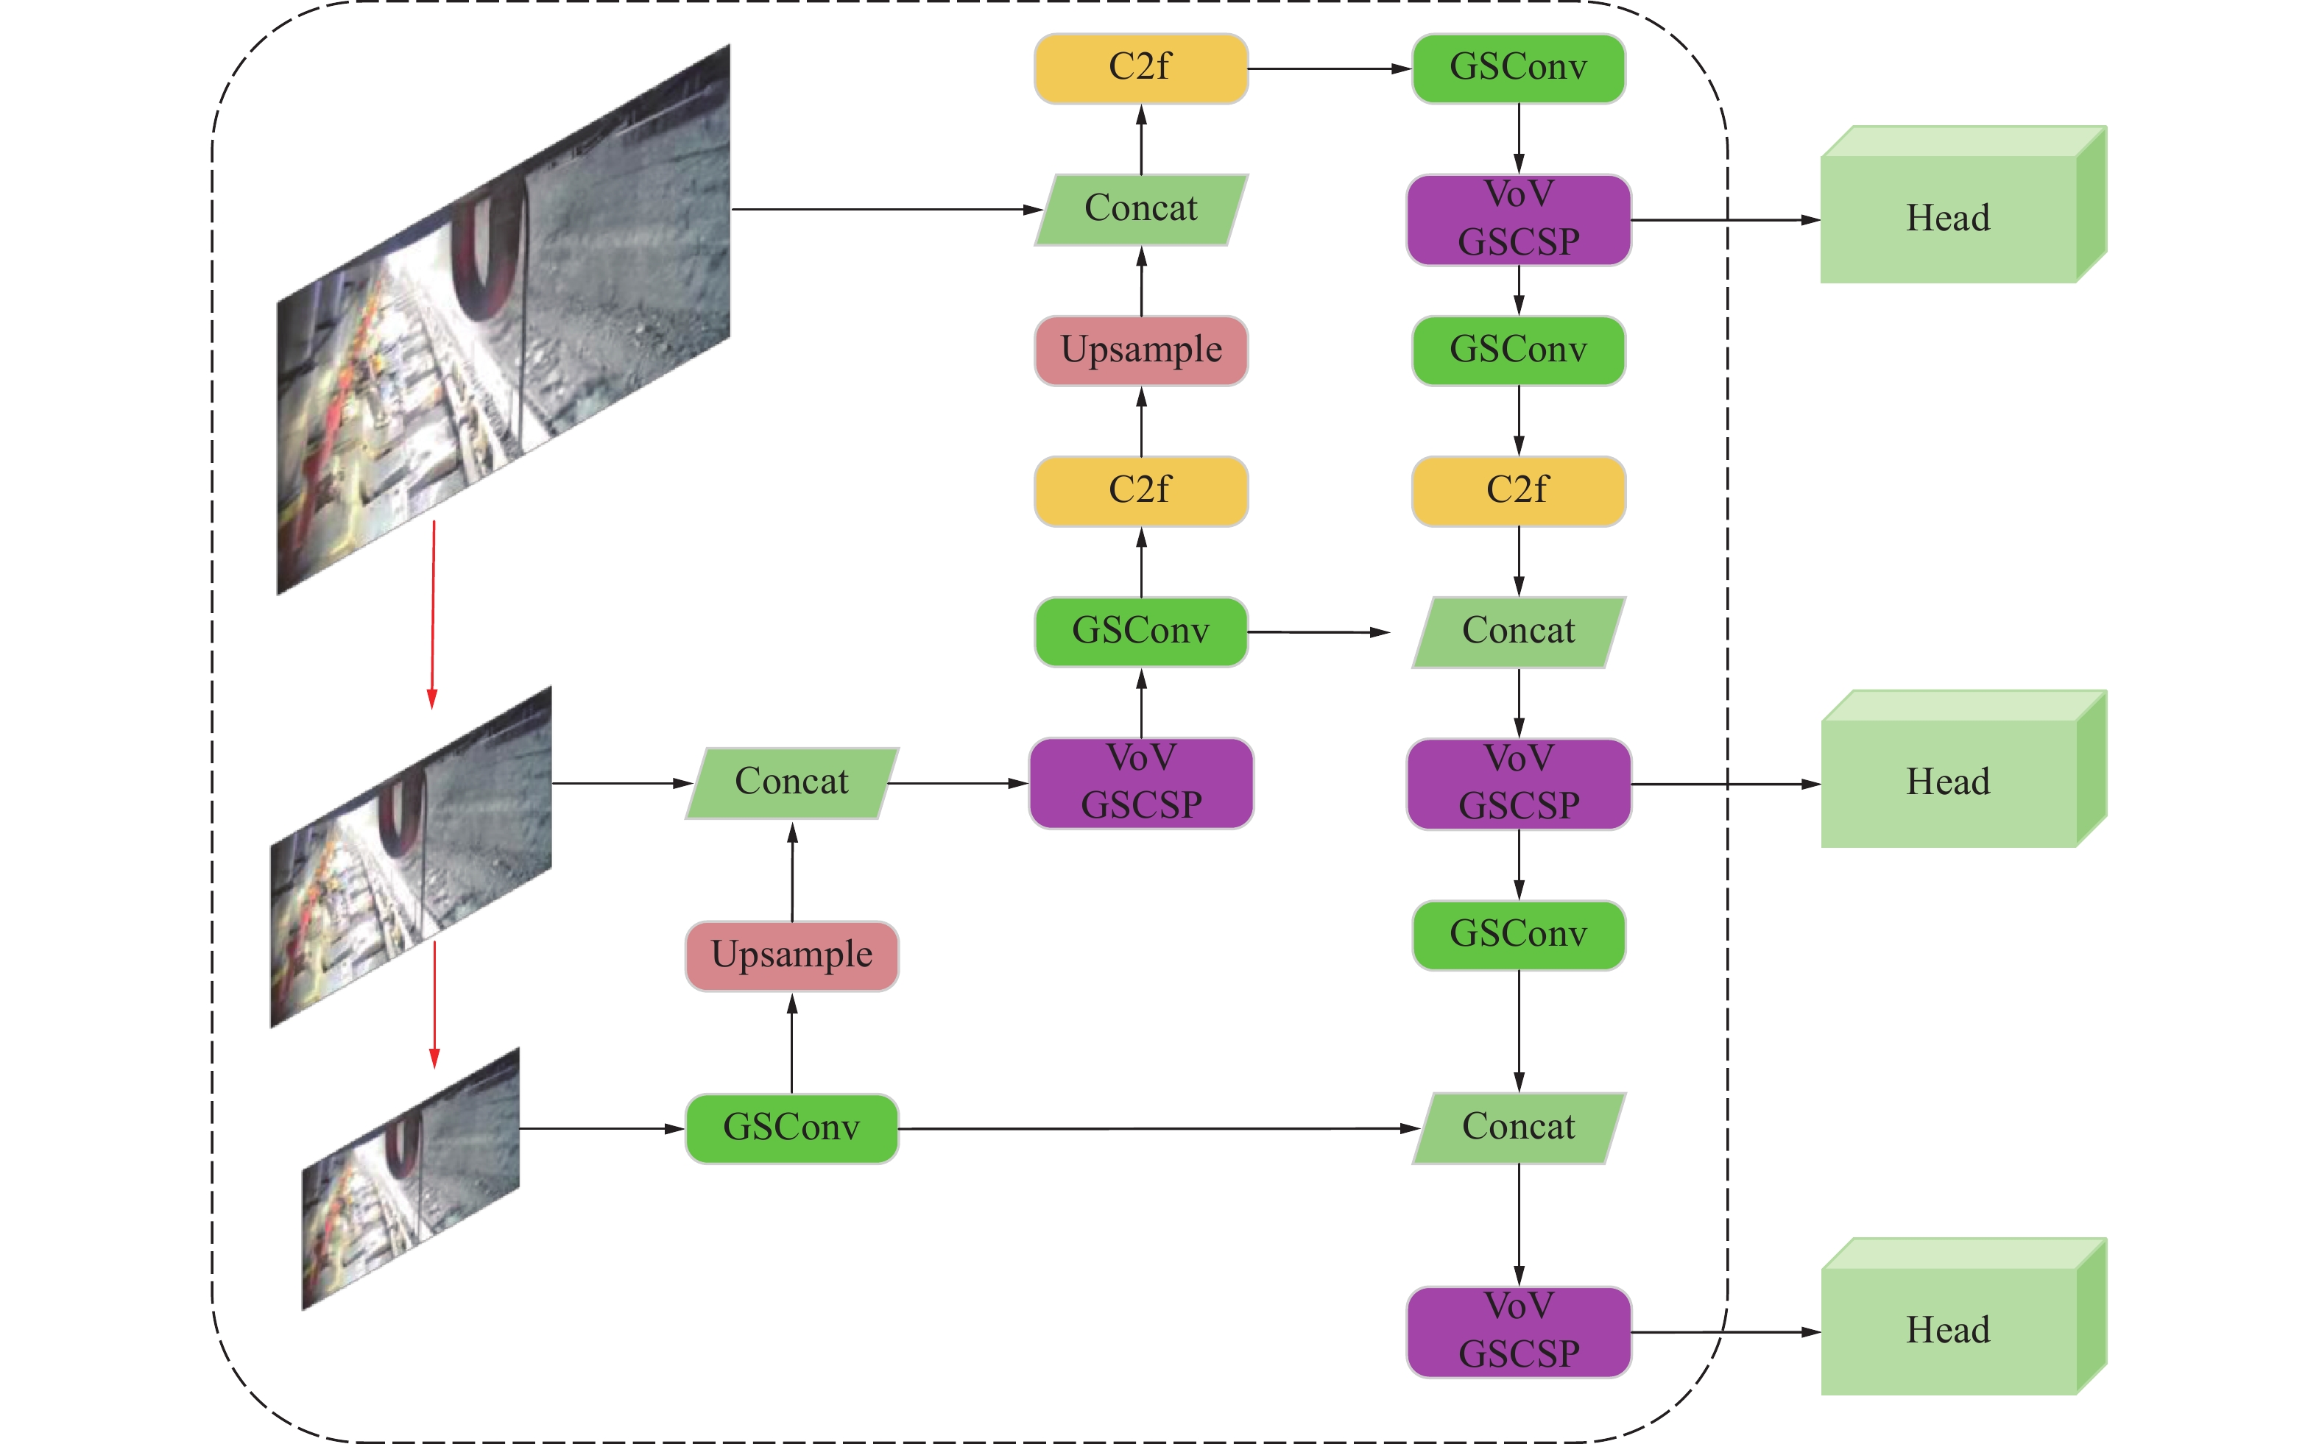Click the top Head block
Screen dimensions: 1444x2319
[x=1949, y=219]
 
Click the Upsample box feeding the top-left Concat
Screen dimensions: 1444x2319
[x=1141, y=350]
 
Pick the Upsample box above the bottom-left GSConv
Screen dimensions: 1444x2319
[x=792, y=955]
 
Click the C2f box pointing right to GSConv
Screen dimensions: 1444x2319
[x=1141, y=68]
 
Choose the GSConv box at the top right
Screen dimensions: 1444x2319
[x=1519, y=68]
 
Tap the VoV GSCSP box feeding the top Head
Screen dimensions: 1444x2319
[x=1519, y=219]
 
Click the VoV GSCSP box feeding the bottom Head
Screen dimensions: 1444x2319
[x=1519, y=1331]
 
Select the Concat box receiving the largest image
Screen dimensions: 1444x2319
[x=1141, y=209]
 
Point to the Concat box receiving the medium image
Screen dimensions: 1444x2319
[x=792, y=783]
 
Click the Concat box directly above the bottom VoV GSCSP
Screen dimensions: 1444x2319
[x=1519, y=1128]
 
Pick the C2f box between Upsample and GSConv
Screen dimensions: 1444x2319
[x=1141, y=491]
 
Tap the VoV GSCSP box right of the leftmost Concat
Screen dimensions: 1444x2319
[x=1141, y=783]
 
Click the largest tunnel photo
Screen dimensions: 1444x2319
[x=504, y=320]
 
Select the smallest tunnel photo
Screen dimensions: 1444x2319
[x=411, y=1180]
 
